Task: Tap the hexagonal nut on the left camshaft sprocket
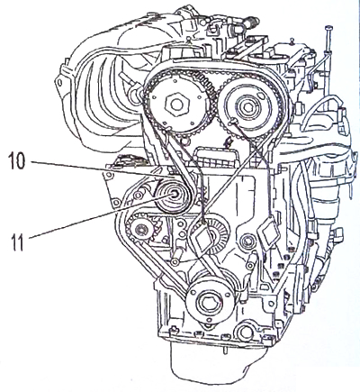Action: pyautogui.click(x=176, y=105)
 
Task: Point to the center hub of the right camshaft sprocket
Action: pyautogui.click(x=248, y=106)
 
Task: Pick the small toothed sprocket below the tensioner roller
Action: pyautogui.click(x=141, y=230)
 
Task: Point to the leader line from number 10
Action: pyautogui.click(x=102, y=169)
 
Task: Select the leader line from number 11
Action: pyautogui.click(x=101, y=215)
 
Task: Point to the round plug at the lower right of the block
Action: pyautogui.click(x=245, y=332)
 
